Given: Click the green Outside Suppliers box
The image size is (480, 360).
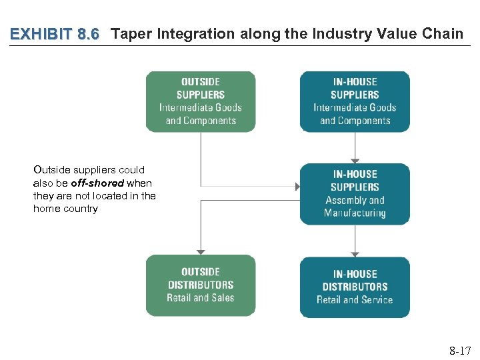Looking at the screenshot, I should tap(201, 101).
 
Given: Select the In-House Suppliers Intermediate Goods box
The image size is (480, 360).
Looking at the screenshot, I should tap(355, 101).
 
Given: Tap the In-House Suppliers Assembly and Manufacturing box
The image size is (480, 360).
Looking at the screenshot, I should tap(355, 193).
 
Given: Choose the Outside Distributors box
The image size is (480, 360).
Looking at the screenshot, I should tap(201, 285).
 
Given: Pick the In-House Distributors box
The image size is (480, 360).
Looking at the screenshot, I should tap(355, 287).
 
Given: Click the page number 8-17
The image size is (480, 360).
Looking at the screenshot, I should tap(459, 351).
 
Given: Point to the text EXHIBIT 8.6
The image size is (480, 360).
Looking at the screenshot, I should tap(55, 34).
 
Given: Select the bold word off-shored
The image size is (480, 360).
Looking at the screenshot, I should tap(97, 183).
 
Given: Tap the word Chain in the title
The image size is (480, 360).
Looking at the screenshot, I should tap(442, 34).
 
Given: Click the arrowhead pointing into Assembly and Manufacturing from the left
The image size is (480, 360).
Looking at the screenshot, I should tap(297, 187).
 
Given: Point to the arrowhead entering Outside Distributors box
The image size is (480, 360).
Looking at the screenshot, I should tap(201, 251).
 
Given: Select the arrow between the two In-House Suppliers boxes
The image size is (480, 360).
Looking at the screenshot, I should tap(355, 147).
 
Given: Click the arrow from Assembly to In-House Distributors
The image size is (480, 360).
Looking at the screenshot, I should tap(355, 240).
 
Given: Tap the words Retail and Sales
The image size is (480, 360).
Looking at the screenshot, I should tap(201, 298).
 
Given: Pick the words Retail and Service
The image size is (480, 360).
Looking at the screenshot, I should tap(355, 300).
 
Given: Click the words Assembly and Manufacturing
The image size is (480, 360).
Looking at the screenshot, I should tap(355, 207).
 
